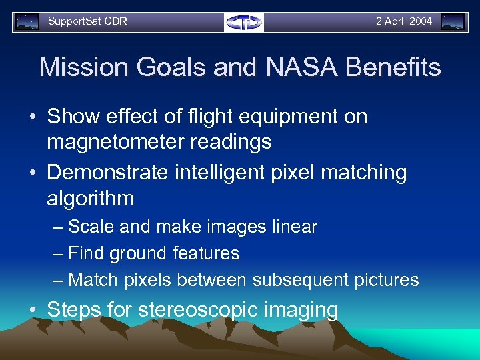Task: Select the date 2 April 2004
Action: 403,21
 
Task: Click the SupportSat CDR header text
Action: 87,21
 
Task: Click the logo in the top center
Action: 244,22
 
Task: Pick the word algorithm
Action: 91,198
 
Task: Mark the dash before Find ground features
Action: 59,253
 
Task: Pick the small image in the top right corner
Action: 453,22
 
